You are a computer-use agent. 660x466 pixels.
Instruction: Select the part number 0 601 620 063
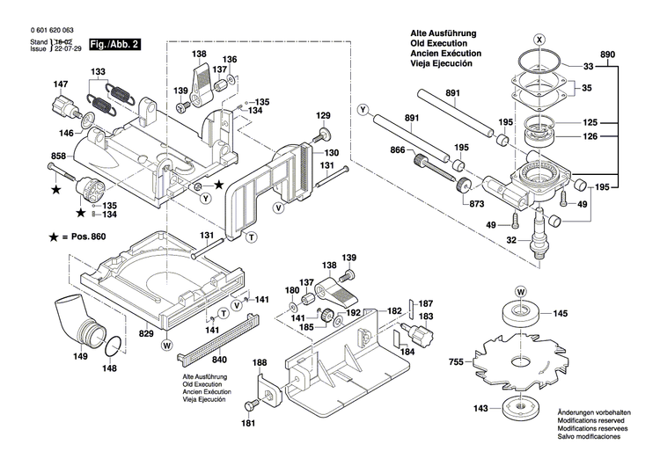tap(40, 29)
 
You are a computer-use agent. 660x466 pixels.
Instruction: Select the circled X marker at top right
tap(540, 38)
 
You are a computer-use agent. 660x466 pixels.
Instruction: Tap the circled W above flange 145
tap(520, 291)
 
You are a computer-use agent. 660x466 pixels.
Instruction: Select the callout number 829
tap(145, 334)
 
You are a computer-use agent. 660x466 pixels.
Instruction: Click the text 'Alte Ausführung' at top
tap(438, 33)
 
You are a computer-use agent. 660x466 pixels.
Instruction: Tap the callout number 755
tap(456, 360)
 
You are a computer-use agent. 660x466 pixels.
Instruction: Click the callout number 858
tap(34, 156)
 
